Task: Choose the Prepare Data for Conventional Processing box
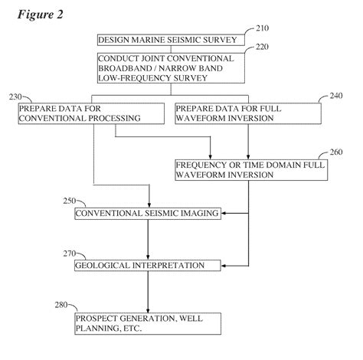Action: (x=91, y=113)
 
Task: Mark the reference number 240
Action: (x=325, y=97)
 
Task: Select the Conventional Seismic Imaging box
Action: (x=148, y=214)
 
